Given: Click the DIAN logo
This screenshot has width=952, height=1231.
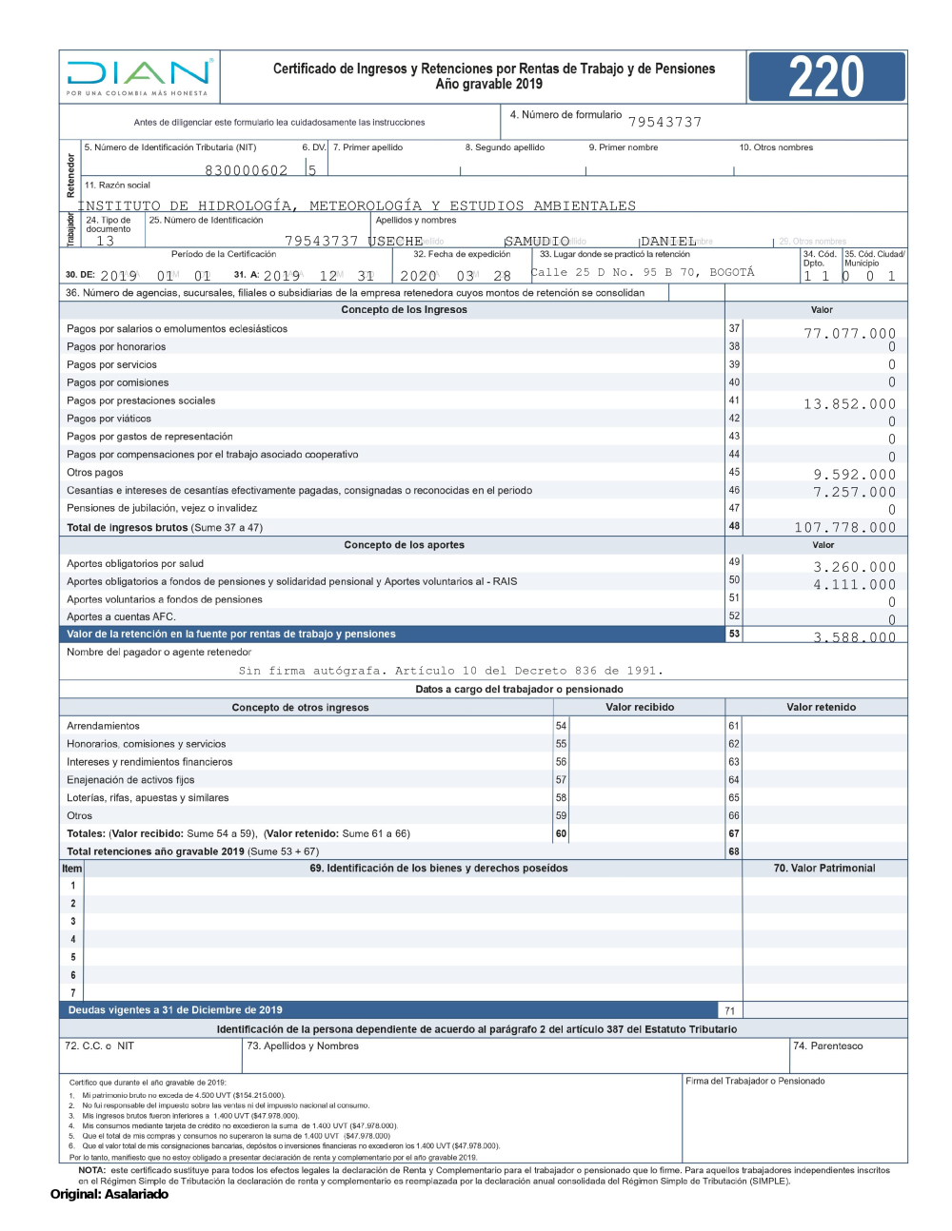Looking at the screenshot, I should pos(139,75).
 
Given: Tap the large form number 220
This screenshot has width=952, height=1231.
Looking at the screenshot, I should pos(825,77).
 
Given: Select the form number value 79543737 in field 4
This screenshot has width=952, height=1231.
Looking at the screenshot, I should pos(664,122).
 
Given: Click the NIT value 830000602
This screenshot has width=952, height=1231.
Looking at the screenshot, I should pos(246,170).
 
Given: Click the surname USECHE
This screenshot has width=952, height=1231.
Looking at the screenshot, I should pos(396,242).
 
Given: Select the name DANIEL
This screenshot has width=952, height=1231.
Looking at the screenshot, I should pos(668,242).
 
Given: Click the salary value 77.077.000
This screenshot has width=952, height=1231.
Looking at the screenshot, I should pos(849,334).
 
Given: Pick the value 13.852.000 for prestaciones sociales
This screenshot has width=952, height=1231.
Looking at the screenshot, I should pos(849,404).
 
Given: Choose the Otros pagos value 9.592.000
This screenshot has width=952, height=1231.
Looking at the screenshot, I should pos(854,475).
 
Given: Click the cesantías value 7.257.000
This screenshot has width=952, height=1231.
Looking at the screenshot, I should pos(854,492).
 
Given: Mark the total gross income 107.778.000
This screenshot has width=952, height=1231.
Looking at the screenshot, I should pos(844,528).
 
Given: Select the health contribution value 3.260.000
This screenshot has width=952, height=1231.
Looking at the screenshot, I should pos(854,567).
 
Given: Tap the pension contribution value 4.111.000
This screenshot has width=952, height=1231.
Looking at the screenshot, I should pos(854,585).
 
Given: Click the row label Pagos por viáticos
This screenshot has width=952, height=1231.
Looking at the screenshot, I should pos(109,419).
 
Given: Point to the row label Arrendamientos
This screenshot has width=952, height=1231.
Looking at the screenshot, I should pos(103,726).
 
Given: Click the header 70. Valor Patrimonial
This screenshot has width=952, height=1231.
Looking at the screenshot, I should pos(823,869).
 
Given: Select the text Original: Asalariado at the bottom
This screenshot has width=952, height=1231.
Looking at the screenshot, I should pos(109,1195).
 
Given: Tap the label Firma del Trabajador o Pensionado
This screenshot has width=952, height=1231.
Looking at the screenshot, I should pos(755,1081).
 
